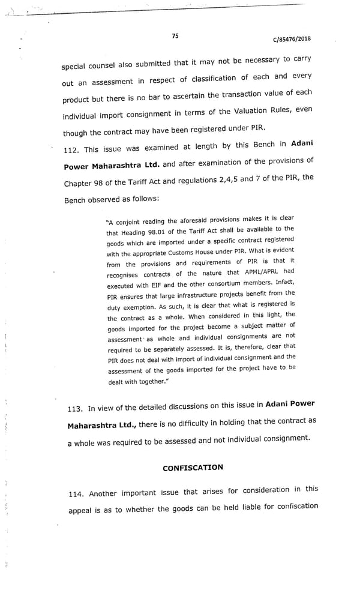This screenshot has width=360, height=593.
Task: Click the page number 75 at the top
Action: coord(175,36)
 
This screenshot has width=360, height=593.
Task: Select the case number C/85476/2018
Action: coord(292,40)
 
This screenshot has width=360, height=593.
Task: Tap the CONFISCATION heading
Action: coord(193,468)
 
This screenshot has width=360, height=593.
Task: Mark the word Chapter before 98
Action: coord(80,184)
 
